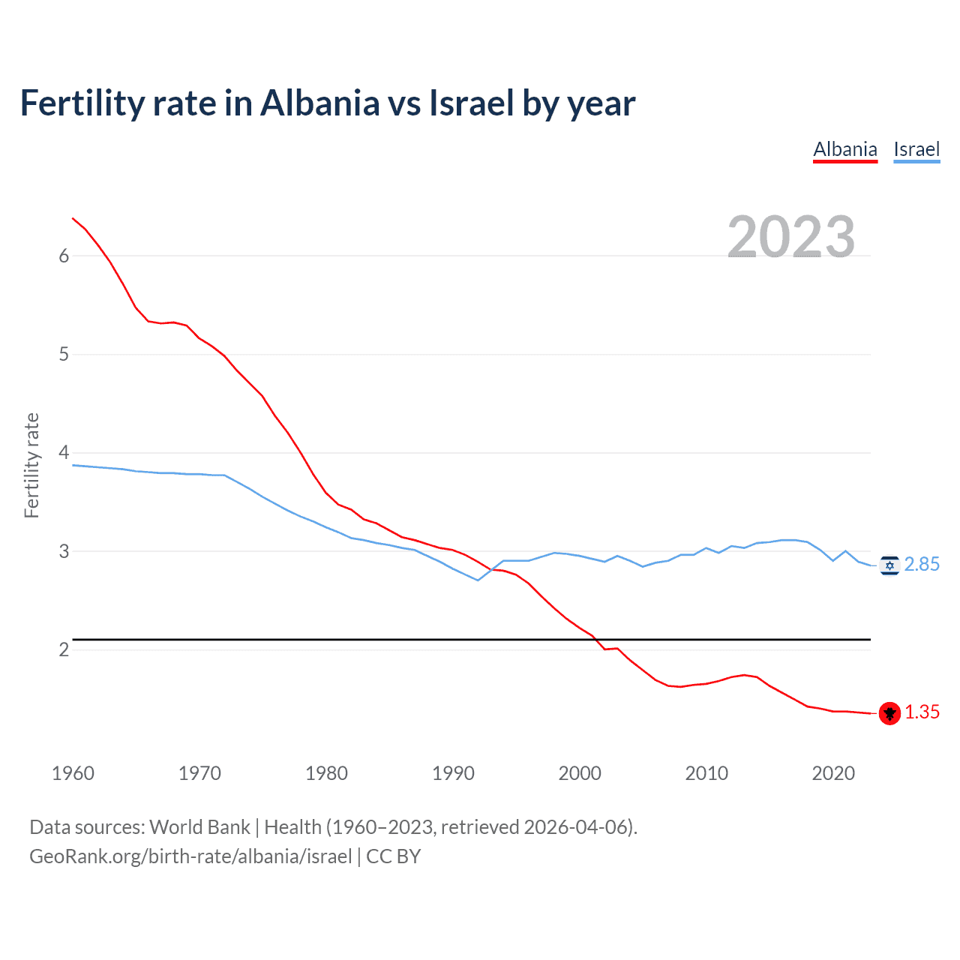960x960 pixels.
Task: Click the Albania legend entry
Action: coord(845,149)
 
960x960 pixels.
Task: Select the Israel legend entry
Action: coord(916,149)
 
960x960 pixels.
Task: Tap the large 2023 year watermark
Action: coord(791,237)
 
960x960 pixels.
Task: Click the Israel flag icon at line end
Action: coord(889,565)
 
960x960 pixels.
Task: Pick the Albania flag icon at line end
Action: coord(889,713)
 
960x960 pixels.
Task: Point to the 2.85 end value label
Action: coord(922,565)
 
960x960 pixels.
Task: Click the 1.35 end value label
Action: coord(922,712)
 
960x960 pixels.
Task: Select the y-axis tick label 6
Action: coord(64,256)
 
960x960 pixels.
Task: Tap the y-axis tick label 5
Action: coord(64,354)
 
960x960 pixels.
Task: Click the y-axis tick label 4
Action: coord(64,452)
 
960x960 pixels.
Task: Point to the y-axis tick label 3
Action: coord(64,551)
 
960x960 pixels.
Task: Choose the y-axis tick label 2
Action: coord(64,649)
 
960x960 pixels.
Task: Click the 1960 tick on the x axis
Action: coord(73,773)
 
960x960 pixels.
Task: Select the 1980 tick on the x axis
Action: coord(326,773)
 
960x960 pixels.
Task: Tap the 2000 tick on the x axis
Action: coord(580,773)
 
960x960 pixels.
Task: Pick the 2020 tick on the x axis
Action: coord(833,773)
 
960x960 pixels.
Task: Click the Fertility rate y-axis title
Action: coord(31,465)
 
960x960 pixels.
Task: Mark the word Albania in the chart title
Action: coord(320,103)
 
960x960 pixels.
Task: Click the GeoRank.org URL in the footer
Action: coord(190,856)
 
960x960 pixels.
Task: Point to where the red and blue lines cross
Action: coord(492,569)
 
